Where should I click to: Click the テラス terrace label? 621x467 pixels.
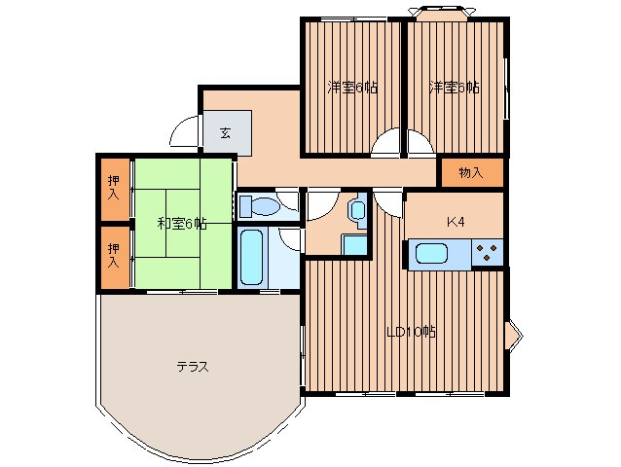(193, 367)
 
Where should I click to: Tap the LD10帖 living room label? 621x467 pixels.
(411, 331)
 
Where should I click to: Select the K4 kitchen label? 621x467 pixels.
(456, 222)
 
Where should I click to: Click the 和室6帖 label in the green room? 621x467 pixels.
(182, 224)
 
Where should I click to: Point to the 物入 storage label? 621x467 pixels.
(471, 172)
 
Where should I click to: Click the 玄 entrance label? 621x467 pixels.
(225, 133)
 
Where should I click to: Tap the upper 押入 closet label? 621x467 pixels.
(114, 188)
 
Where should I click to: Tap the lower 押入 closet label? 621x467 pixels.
(114, 255)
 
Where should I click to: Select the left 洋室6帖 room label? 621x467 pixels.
(352, 87)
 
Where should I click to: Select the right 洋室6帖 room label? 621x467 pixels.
(455, 87)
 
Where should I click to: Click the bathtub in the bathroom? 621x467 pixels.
(252, 258)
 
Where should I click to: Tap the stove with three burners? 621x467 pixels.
(487, 253)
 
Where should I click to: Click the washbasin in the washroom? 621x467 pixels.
(358, 210)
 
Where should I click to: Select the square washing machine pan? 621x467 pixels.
(354, 245)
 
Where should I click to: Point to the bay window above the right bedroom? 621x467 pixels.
(442, 12)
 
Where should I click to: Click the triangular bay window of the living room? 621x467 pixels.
(514, 336)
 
